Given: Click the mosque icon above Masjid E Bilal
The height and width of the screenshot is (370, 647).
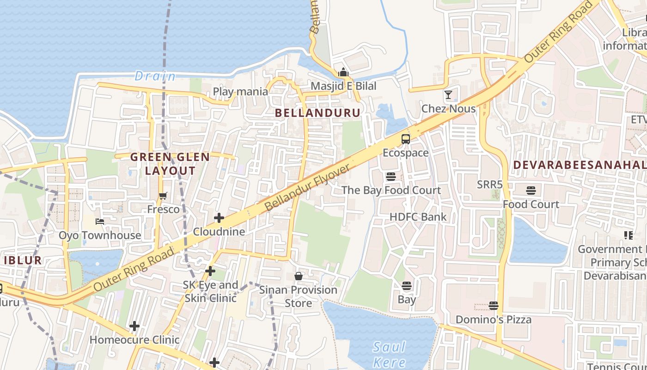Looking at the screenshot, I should tap(343, 72).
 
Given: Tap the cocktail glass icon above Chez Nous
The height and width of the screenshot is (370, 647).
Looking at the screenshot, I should tap(448, 95).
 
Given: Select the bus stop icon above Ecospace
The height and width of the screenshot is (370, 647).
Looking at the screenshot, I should tap(405, 139).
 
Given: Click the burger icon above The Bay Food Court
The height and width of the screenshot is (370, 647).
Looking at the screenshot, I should tap(391, 176).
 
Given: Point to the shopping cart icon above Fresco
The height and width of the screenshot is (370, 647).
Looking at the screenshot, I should tap(163, 196).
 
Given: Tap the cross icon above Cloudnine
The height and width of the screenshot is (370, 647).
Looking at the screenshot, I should tap(219, 217).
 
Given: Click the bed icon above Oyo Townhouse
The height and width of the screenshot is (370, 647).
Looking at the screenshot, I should tap(99, 222).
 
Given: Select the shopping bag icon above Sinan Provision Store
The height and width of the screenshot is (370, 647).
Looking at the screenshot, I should tap(299, 276).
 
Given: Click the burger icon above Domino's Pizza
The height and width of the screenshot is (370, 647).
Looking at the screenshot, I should tap(494, 306).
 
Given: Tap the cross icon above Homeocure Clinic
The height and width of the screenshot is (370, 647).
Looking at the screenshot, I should tap(134, 326).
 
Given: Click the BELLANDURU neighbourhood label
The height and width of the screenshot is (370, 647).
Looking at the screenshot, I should tap(317, 113).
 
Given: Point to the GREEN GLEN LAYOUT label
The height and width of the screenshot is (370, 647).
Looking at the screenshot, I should tap(170, 164).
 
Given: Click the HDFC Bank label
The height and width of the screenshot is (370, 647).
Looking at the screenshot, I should tap(418, 217).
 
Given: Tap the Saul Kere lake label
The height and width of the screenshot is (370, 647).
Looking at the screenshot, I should tap(389, 354).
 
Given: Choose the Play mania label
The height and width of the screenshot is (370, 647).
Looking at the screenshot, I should tap(240, 92).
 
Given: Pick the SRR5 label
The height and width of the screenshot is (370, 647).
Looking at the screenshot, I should tap(489, 185).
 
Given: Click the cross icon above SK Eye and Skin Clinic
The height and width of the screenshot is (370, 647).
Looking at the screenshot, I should tap(210, 271).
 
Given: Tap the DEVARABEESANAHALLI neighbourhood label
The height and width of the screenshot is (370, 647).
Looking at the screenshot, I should tap(580, 165).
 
